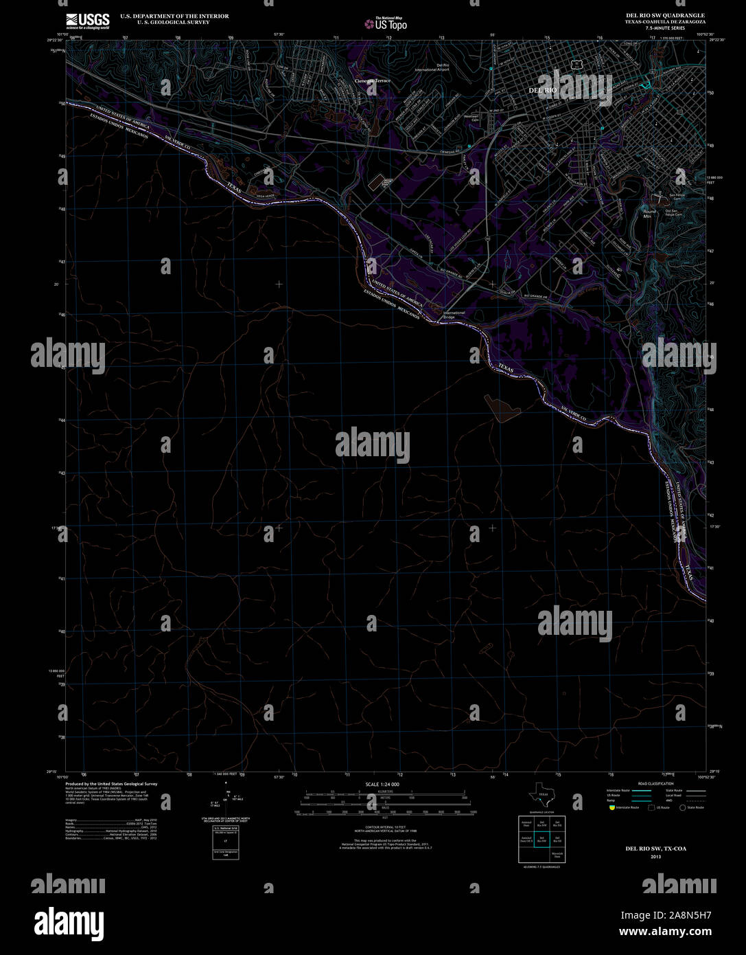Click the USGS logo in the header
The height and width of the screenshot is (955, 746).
(87, 21)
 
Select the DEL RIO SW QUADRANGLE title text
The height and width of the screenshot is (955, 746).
(664, 15)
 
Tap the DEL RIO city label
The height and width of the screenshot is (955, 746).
(542, 90)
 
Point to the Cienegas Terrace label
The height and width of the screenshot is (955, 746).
(372, 80)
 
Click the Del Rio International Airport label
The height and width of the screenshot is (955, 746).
(432, 67)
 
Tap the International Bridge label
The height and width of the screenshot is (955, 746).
(454, 315)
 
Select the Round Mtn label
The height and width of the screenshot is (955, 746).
(649, 214)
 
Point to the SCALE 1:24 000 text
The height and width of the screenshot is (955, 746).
(382, 784)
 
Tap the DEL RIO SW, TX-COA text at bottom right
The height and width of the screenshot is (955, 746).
(655, 849)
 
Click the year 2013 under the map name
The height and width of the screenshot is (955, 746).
(655, 856)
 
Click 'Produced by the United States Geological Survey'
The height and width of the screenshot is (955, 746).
(111, 784)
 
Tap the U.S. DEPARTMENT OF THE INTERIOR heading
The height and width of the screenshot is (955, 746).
(174, 16)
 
